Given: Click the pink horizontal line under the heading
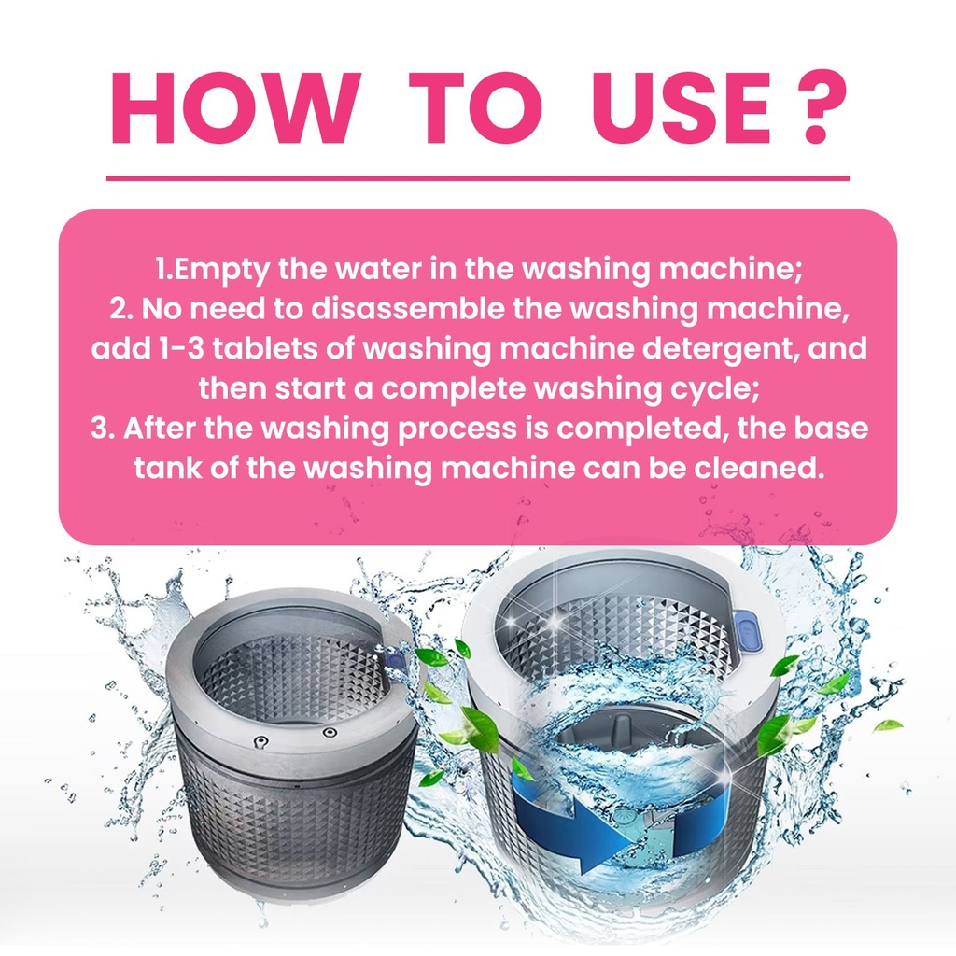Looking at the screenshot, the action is click(x=478, y=178).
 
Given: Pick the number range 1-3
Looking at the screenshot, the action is click(x=181, y=349).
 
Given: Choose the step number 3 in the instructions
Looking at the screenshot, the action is click(x=101, y=428).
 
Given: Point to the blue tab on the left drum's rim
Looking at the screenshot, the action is click(x=395, y=660).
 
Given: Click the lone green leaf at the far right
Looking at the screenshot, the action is click(x=888, y=725).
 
